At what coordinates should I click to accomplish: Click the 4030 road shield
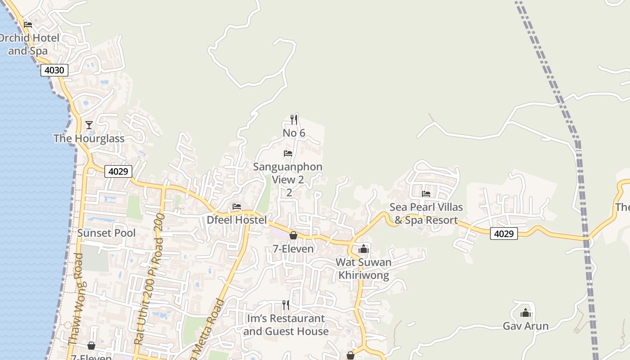(x=54, y=70)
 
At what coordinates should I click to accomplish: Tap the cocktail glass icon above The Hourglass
(x=89, y=125)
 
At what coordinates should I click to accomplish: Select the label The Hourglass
(x=89, y=139)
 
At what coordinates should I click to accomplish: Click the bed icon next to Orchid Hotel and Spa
(x=28, y=24)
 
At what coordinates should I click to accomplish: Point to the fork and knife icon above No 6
(x=293, y=119)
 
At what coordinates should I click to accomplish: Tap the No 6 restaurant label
(x=294, y=133)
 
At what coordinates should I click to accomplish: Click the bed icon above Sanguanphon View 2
(x=288, y=153)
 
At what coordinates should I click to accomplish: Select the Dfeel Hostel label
(x=237, y=220)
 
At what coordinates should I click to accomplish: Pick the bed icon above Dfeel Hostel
(x=237, y=207)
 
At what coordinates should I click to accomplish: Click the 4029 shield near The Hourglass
(x=118, y=171)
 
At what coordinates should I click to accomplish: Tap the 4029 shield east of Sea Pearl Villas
(x=504, y=234)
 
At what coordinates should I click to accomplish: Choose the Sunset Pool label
(x=106, y=233)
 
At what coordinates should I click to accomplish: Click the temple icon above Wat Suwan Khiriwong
(x=364, y=248)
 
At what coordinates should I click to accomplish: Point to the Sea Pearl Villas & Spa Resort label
(x=426, y=214)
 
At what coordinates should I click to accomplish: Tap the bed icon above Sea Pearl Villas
(x=426, y=194)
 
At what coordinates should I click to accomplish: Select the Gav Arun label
(x=526, y=326)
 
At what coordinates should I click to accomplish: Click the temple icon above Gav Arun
(x=526, y=313)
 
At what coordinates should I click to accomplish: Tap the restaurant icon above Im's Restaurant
(x=285, y=305)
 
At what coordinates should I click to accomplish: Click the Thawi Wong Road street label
(x=77, y=299)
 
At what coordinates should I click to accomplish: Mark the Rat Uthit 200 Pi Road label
(x=149, y=279)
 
